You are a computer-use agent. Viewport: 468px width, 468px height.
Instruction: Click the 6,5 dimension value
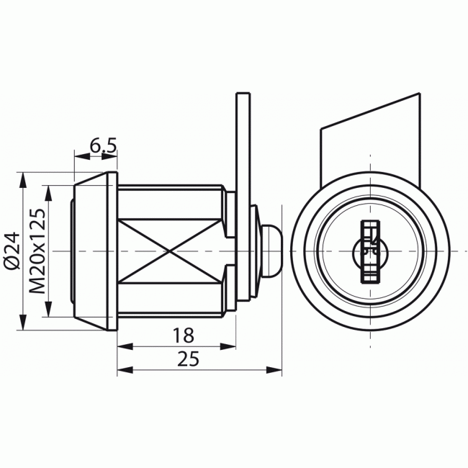click(103, 146)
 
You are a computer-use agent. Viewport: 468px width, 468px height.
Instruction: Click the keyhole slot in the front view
click(369, 251)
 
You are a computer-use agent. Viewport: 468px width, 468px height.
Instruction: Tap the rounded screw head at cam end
click(271, 251)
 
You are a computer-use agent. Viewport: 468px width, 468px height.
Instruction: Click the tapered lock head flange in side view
click(94, 251)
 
